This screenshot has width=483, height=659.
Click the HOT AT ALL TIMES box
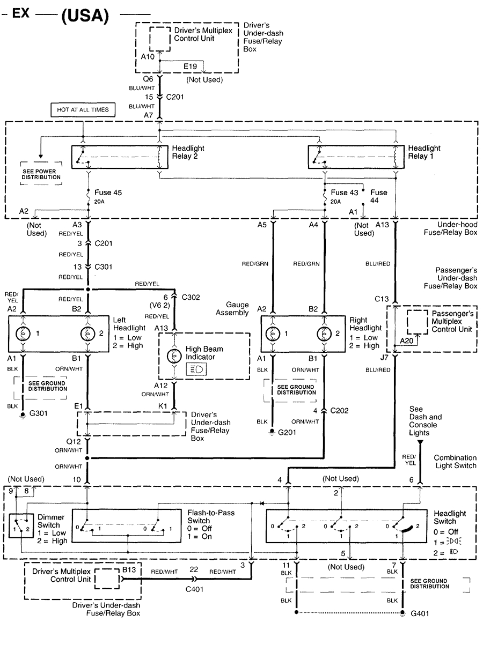click(83, 110)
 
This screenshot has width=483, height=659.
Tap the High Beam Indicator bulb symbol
click(173, 356)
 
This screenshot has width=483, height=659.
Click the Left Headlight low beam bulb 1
click(24, 333)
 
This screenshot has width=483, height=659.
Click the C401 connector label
click(195, 589)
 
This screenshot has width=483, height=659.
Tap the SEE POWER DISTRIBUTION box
click(41, 173)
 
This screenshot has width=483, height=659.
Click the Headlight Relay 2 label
click(188, 152)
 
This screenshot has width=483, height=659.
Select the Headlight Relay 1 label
click(424, 152)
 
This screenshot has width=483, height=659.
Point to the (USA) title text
click(85, 16)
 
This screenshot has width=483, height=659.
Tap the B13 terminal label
click(129, 572)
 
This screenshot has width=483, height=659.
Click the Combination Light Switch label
click(455, 462)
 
